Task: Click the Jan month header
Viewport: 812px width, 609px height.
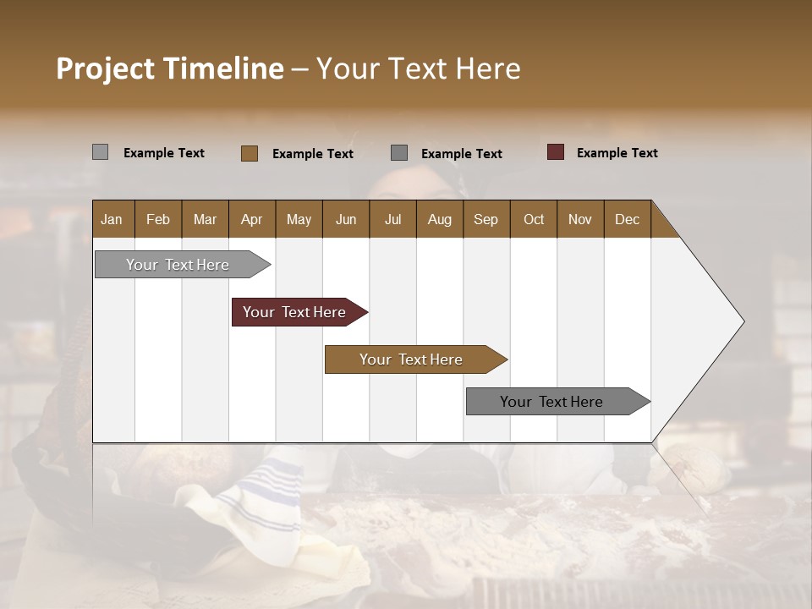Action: pos(112,219)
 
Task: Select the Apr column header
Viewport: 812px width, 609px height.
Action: pos(251,219)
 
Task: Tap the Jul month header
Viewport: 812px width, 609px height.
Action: pos(392,219)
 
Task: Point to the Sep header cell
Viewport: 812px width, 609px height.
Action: pos(486,219)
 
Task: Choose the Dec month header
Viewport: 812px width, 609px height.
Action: pos(627,219)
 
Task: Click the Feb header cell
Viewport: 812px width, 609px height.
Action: pos(158,219)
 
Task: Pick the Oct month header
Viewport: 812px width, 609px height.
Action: pos(534,219)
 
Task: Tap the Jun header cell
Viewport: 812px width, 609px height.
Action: pos(346,219)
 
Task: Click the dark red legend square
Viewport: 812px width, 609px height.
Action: pos(556,152)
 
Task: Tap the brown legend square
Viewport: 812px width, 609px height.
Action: pos(250,153)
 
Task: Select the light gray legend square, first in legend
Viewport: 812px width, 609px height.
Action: pos(101,152)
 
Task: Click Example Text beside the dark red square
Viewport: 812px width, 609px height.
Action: pos(617,153)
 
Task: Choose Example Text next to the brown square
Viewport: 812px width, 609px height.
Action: pos(312,154)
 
